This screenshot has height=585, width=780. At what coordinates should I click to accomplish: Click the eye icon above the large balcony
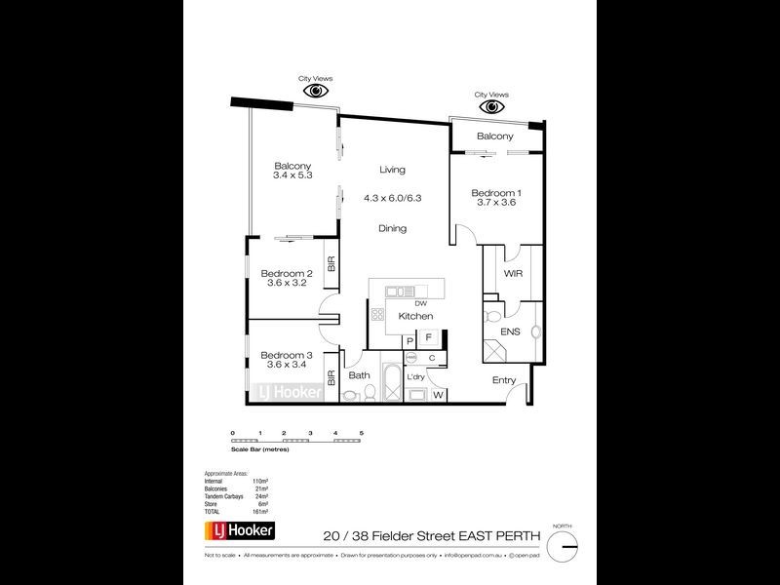pyautogui.click(x=316, y=91)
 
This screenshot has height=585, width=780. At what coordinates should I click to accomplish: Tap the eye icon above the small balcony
pyautogui.click(x=490, y=107)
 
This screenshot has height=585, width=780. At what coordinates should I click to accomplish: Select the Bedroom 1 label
pyautogui.click(x=493, y=192)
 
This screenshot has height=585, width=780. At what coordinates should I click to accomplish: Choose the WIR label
pyautogui.click(x=514, y=275)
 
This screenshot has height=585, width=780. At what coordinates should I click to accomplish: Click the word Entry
pyautogui.click(x=504, y=380)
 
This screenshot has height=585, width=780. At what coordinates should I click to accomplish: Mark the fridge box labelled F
pyautogui.click(x=428, y=338)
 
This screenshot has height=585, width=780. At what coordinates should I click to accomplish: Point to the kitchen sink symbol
pyautogui.click(x=400, y=291)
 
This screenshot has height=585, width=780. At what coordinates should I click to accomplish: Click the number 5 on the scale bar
pyautogui.click(x=362, y=432)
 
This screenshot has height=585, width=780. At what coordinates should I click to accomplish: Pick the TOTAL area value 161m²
pyautogui.click(x=261, y=511)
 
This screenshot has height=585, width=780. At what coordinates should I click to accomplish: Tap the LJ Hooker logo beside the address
pyautogui.click(x=239, y=531)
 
